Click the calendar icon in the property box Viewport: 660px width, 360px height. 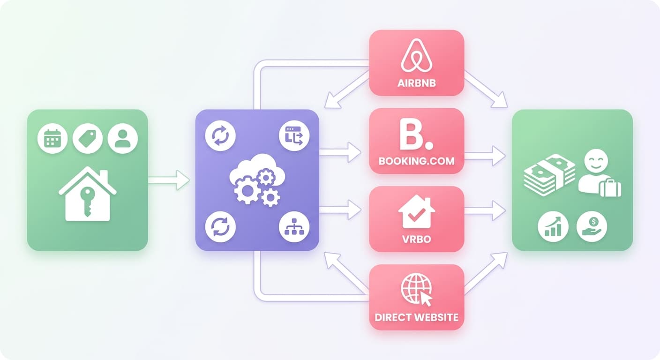click(x=52, y=138)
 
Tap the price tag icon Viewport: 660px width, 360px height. click(x=88, y=138)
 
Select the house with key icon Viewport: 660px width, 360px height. click(x=88, y=194)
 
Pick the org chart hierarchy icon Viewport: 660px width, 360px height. click(x=294, y=227)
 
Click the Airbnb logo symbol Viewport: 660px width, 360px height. click(x=417, y=55)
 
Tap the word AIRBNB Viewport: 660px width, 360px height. click(x=417, y=83)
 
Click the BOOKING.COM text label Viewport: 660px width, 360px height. click(x=417, y=161)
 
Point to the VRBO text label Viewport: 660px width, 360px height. click(x=417, y=239)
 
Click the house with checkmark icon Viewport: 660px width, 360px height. click(x=417, y=211)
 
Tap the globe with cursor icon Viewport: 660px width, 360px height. click(x=417, y=290)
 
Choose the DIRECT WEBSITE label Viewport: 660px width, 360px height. click(x=417, y=317)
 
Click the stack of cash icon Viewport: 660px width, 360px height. click(x=549, y=175)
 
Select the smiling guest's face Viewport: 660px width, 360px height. click(x=596, y=161)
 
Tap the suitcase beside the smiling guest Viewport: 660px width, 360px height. click(x=610, y=187)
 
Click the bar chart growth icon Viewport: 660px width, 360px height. click(x=553, y=226)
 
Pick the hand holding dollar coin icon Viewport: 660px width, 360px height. click(x=592, y=226)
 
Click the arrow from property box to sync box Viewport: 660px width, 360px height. click(x=169, y=180)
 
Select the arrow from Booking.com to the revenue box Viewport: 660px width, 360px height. click(x=485, y=156)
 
